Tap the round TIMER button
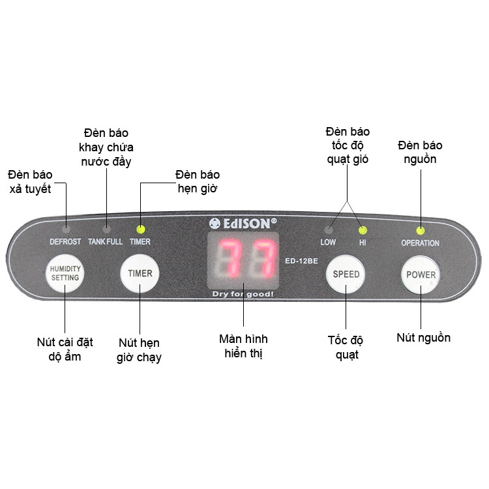(140, 273)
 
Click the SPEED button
(346, 274)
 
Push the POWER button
(421, 274)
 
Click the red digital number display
(243, 258)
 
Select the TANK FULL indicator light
(106, 229)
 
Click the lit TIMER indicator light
(140, 229)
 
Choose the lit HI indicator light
(363, 230)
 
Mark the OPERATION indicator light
(421, 230)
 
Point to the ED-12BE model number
(301, 261)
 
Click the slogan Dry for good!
(243, 294)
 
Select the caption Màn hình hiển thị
(243, 346)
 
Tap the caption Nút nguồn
(423, 338)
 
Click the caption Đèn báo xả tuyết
(31, 181)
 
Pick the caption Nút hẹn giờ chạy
(140, 350)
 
